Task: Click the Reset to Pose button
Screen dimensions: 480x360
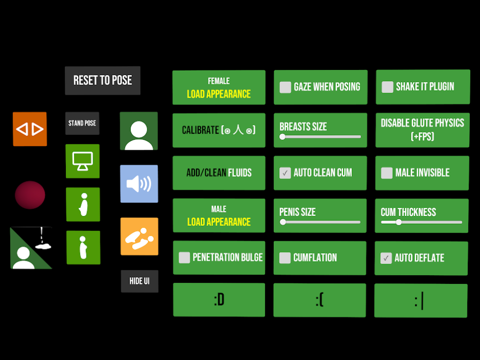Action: pyautogui.click(x=102, y=81)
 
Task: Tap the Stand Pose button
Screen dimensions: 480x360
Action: pyautogui.click(x=82, y=123)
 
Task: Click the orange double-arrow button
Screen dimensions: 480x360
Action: pyautogui.click(x=30, y=129)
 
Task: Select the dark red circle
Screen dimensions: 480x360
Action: pyautogui.click(x=30, y=195)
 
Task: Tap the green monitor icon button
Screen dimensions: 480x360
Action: pyautogui.click(x=83, y=161)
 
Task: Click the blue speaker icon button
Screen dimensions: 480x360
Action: pyautogui.click(x=139, y=184)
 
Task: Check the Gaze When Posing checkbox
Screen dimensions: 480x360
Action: pyautogui.click(x=286, y=87)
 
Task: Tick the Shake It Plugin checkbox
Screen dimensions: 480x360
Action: pyautogui.click(x=387, y=87)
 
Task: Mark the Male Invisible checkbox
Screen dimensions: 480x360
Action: pyautogui.click(x=387, y=173)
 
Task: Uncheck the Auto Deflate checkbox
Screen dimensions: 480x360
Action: pyautogui.click(x=386, y=258)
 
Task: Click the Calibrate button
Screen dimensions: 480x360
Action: pyautogui.click(x=219, y=131)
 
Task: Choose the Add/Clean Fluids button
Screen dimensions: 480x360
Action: pyautogui.click(x=219, y=173)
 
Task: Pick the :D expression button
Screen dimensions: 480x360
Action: pyautogui.click(x=219, y=300)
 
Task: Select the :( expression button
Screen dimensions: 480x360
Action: pyautogui.click(x=319, y=300)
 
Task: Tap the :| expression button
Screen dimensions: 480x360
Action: pyautogui.click(x=421, y=301)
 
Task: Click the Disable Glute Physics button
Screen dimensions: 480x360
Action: pyautogui.click(x=422, y=130)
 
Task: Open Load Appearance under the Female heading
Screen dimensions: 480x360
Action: pyautogui.click(x=219, y=94)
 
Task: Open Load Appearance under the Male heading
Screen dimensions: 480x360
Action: pyautogui.click(x=219, y=222)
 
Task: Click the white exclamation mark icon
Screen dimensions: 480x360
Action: pyautogui.click(x=42, y=235)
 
